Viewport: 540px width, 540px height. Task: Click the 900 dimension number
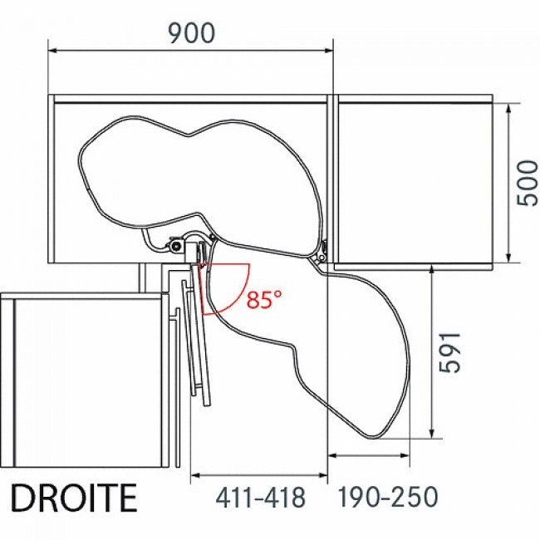[191, 33]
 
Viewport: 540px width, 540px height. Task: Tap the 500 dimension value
[528, 184]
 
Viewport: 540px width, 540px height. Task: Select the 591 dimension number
[450, 352]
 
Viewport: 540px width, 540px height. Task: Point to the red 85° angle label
[264, 299]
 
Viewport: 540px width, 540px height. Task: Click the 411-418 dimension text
[260, 498]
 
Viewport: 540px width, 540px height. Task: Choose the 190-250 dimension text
[387, 497]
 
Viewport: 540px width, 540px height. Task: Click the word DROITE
[74, 498]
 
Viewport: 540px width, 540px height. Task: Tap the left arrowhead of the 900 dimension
[52, 51]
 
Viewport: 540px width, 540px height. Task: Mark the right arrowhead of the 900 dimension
[329, 51]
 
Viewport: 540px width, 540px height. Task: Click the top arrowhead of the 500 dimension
[508, 108]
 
